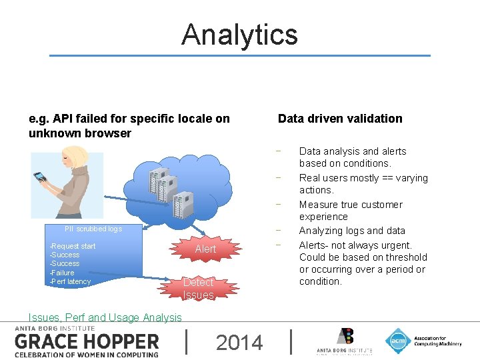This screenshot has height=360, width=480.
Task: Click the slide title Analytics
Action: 239,35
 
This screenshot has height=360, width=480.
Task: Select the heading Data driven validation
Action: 340,119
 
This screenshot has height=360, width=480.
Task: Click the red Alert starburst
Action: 205,249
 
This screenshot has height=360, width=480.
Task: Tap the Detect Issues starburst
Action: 198,288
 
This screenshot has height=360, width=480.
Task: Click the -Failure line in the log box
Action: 63,273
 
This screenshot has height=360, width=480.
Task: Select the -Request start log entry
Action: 73,246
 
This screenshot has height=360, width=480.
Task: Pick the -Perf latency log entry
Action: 70,281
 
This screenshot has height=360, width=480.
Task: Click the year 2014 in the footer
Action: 239,343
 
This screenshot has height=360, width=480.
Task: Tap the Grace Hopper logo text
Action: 87,341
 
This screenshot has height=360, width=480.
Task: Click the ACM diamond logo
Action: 398,341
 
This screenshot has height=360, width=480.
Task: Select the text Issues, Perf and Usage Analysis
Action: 105,318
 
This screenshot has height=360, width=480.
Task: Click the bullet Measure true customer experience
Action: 351,211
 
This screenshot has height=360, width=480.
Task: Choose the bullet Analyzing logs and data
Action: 352,231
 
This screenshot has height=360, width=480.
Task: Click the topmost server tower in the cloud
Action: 158,179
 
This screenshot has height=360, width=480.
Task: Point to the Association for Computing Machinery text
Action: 437,341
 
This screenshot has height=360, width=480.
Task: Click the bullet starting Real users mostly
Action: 363,184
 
